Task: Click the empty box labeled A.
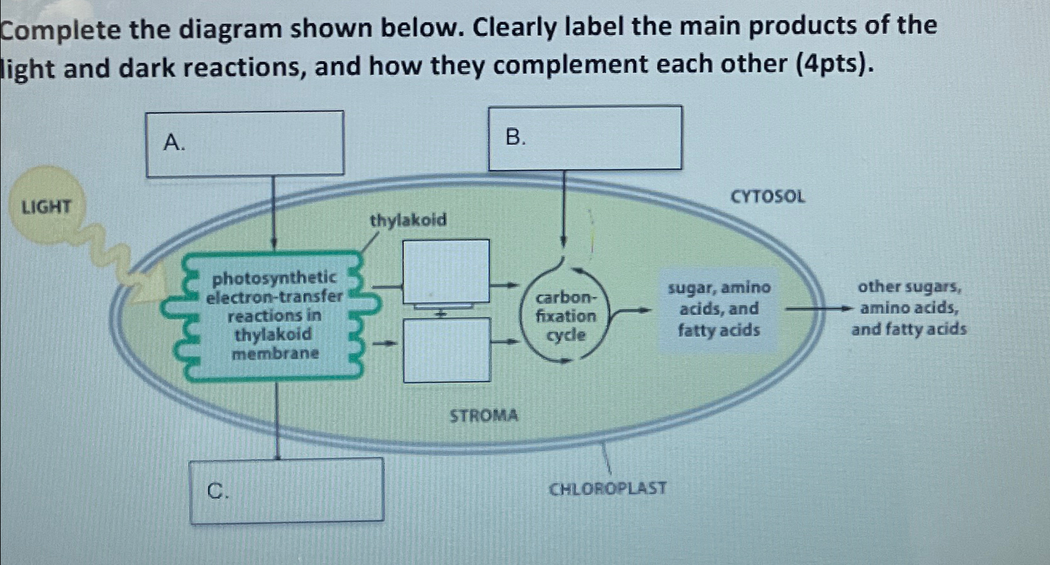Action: coord(245,144)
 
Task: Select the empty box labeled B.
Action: coord(585,138)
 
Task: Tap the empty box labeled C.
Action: coord(286,491)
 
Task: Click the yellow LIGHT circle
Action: coord(47,206)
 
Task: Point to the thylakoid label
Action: coord(408,220)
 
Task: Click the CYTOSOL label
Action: coord(767,197)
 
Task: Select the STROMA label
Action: coord(484,415)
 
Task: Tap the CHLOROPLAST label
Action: coord(607,488)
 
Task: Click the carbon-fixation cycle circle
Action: coord(566,316)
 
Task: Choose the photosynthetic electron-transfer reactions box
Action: coord(275,315)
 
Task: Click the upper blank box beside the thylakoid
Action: coord(445,271)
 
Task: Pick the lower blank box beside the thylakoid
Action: coord(447,350)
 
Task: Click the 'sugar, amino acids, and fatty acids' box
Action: coord(719,309)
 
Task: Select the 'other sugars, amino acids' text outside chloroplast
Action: coord(908,308)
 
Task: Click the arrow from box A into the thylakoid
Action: coord(273,212)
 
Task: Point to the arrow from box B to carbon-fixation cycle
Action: coord(563,209)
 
